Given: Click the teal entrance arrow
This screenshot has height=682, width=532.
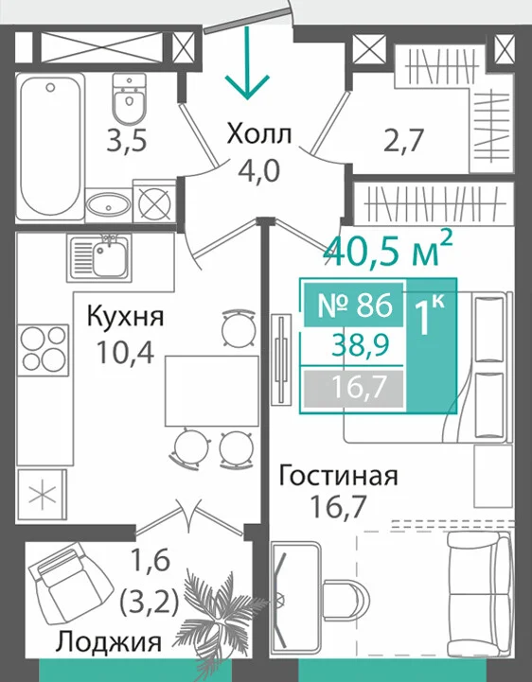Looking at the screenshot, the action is click(x=247, y=62).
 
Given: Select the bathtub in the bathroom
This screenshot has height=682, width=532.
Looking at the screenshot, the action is click(x=50, y=146).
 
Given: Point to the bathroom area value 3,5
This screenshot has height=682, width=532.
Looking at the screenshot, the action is click(x=127, y=141).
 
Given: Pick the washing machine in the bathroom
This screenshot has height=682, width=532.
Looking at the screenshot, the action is click(x=154, y=201).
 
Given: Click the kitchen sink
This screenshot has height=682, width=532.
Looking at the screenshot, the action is click(x=98, y=258).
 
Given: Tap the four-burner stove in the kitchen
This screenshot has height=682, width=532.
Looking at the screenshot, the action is click(x=44, y=349).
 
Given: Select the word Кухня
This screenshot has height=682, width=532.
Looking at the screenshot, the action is click(x=125, y=317).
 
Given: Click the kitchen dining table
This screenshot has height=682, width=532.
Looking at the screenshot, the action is click(x=212, y=391).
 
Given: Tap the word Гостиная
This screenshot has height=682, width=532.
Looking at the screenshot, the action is click(x=338, y=476).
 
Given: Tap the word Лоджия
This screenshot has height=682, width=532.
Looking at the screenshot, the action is click(x=109, y=641).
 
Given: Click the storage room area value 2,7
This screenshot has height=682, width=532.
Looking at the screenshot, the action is click(x=403, y=140).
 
